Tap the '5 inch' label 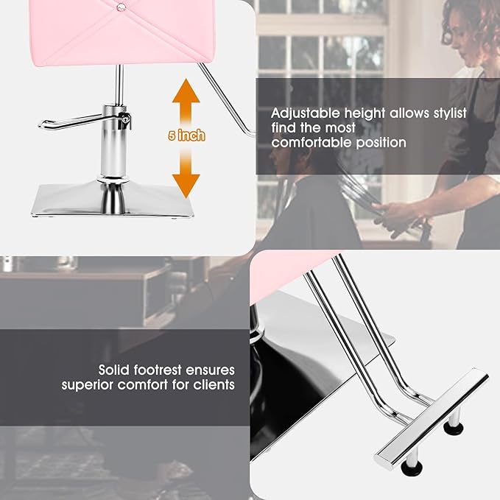tap(186, 136)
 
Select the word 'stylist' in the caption tap(446, 113)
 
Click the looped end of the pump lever tap(46, 124)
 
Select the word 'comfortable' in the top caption tap(310, 142)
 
